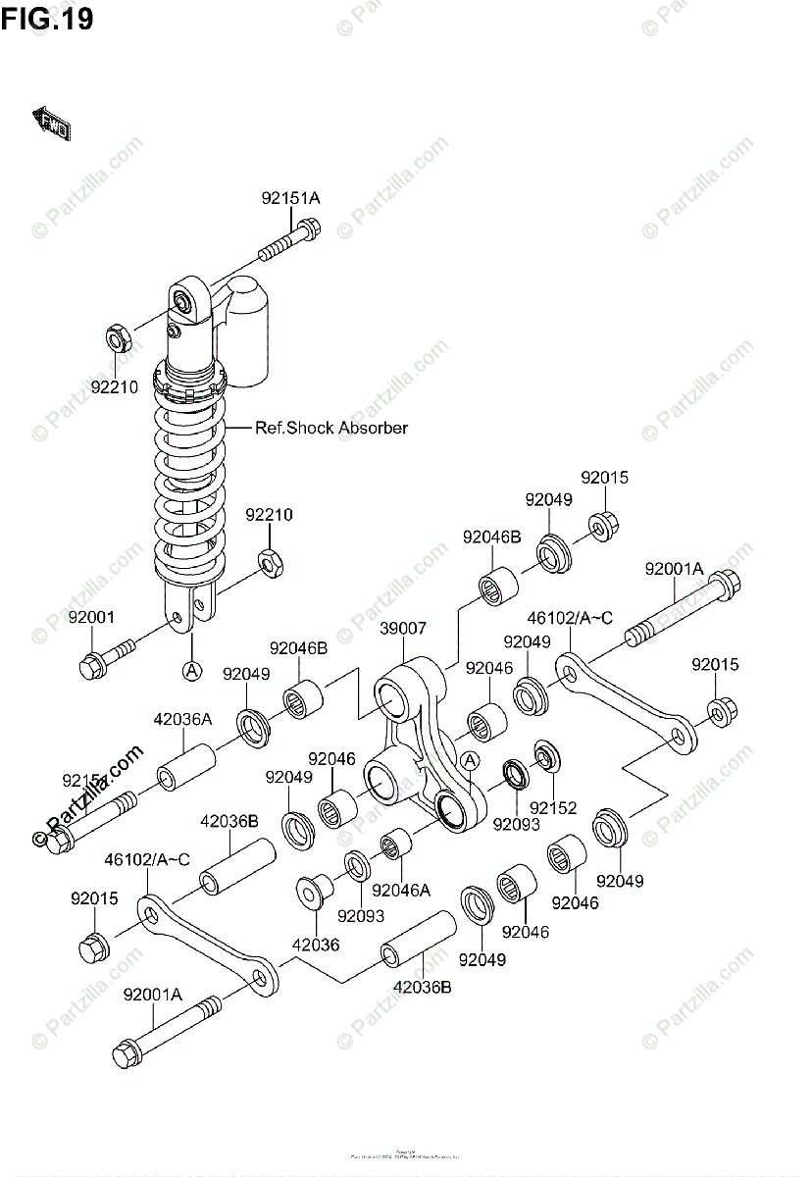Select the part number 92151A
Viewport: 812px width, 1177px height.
pos(290,198)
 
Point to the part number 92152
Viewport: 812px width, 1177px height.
pos(554,809)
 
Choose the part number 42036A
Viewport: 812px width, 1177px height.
pos(182,719)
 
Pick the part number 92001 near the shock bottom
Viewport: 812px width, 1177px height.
pos(91,617)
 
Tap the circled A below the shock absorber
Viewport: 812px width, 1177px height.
pos(192,671)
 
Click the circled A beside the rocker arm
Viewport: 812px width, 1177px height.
pos(469,760)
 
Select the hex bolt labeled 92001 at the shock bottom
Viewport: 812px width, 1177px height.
pos(103,657)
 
